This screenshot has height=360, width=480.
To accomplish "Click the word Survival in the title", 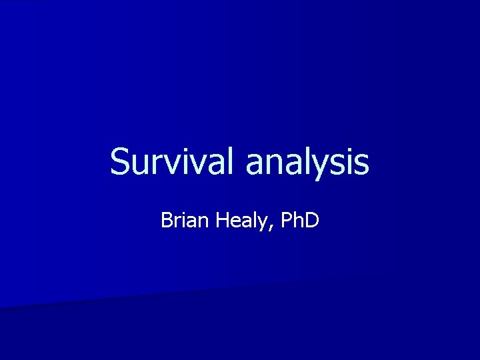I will tap(175, 162).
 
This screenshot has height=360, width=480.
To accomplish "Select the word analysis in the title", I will tap(307, 162).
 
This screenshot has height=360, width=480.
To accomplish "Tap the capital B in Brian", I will tap(167, 219).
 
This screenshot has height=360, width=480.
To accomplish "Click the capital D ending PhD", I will tap(312, 219).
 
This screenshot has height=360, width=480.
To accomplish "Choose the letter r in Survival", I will tap(157, 165).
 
